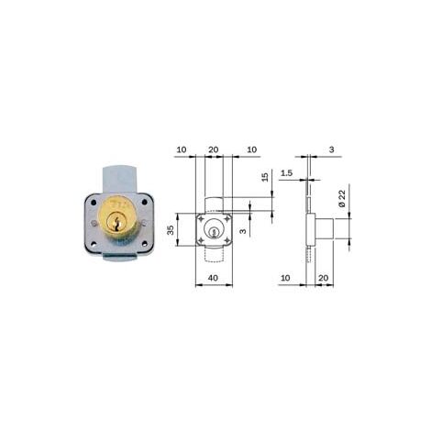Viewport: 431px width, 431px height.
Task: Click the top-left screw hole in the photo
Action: pyautogui.click(x=94, y=202)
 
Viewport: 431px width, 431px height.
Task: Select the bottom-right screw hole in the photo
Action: pyautogui.click(x=144, y=244)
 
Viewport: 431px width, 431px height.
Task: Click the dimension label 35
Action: pyautogui.click(x=171, y=230)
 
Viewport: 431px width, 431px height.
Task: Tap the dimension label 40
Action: pyautogui.click(x=213, y=278)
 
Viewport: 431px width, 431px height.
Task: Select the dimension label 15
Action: pyautogui.click(x=265, y=177)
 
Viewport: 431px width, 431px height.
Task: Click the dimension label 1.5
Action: pyautogui.click(x=286, y=173)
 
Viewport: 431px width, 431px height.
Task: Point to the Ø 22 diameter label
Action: pyautogui.click(x=342, y=198)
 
